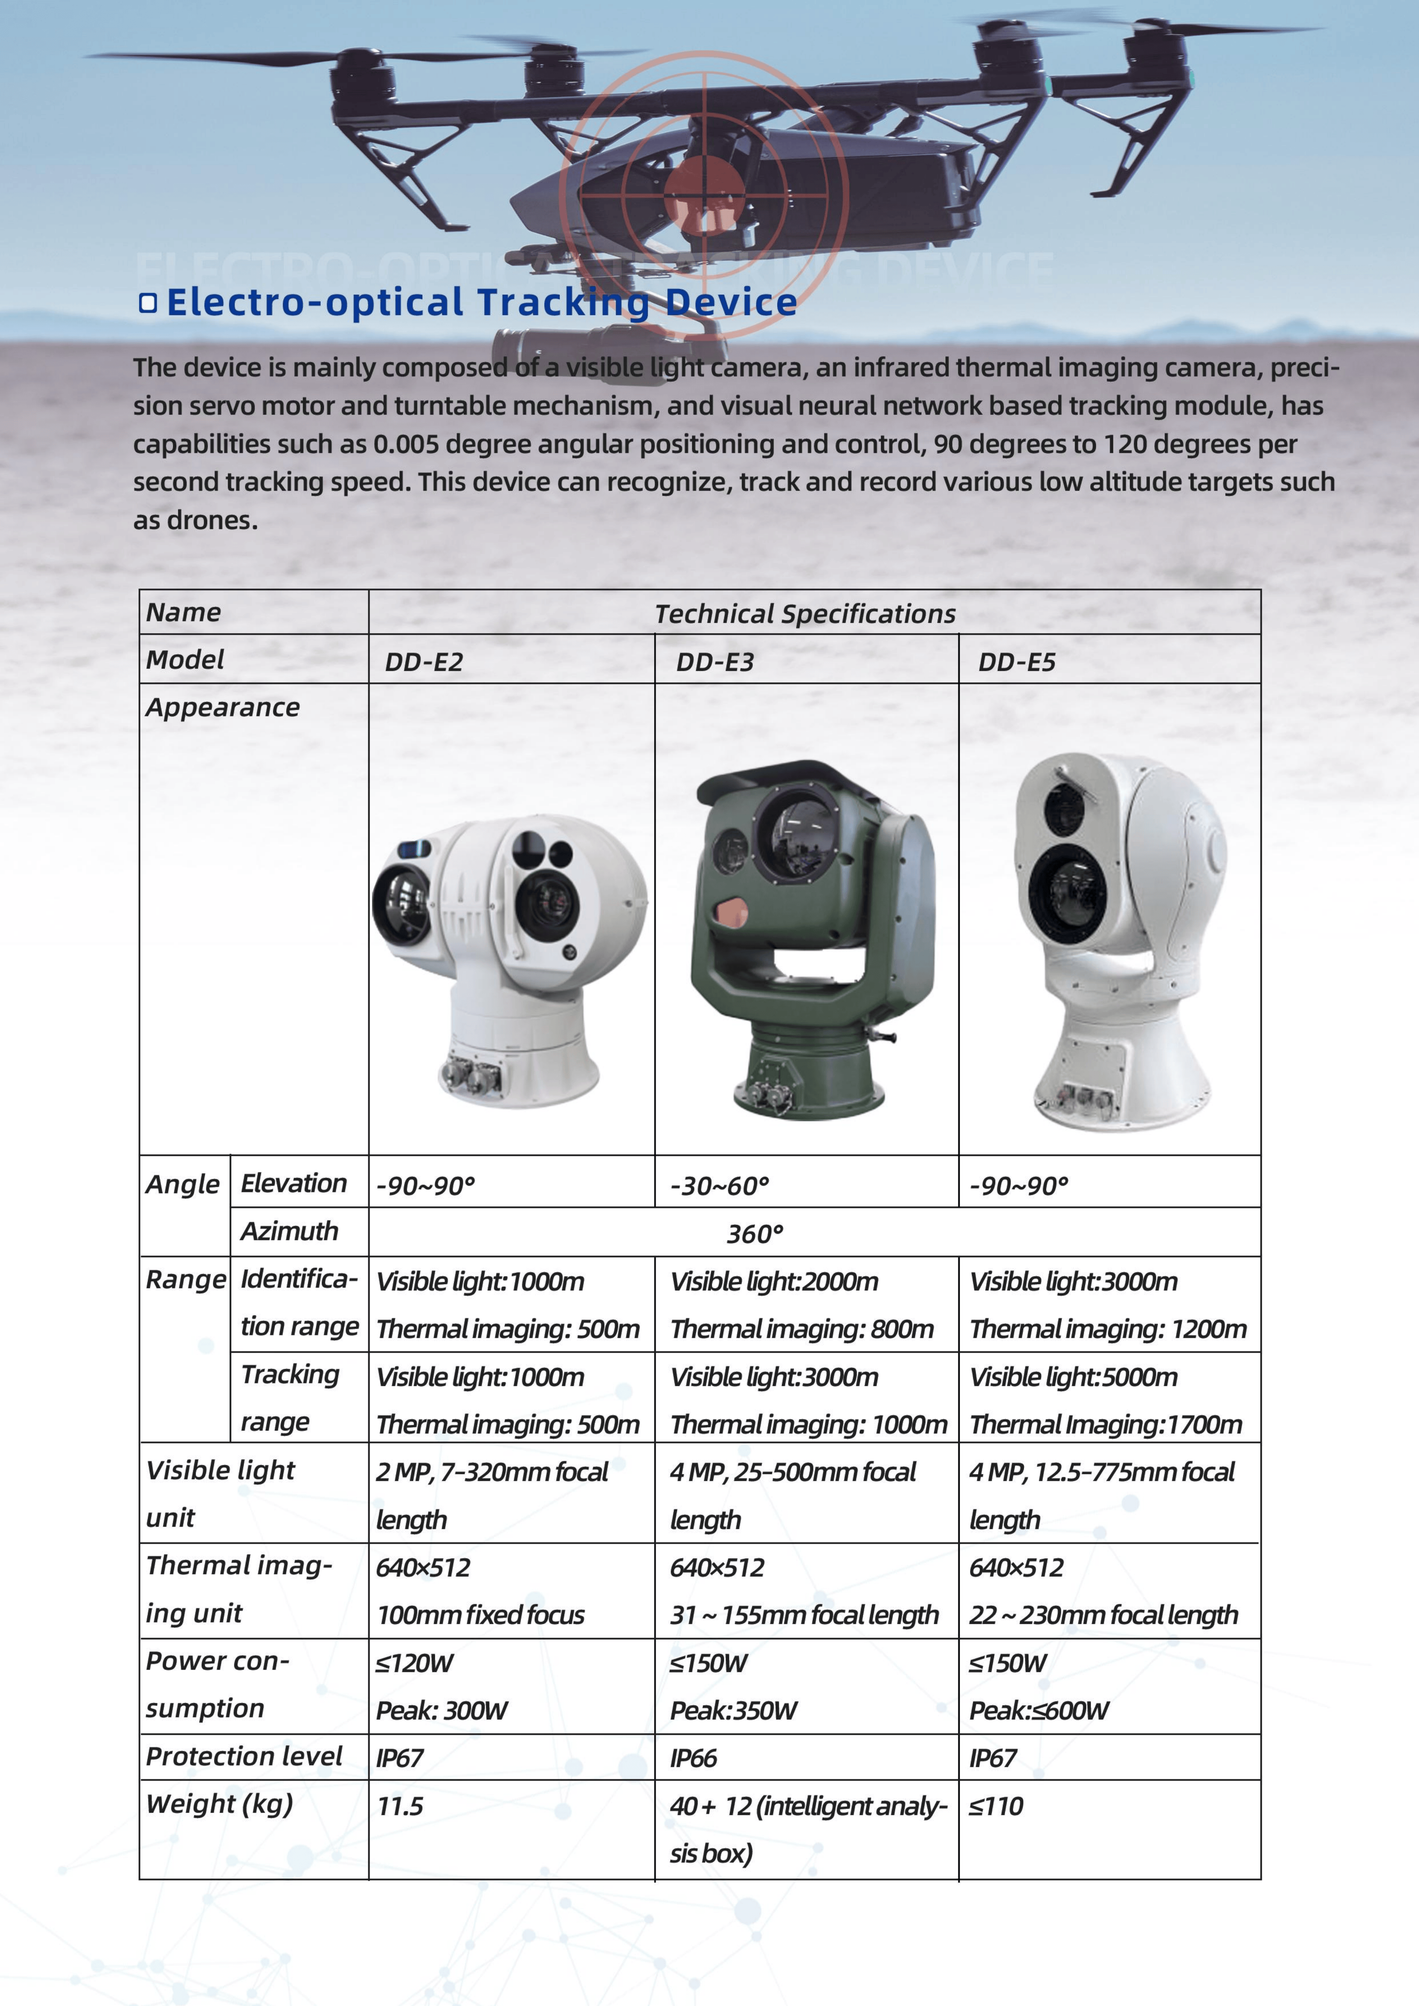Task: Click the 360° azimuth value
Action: tap(755, 1234)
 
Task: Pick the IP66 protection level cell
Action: tap(693, 1758)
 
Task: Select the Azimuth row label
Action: tap(289, 1231)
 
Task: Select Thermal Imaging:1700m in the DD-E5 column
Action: tap(1105, 1425)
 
